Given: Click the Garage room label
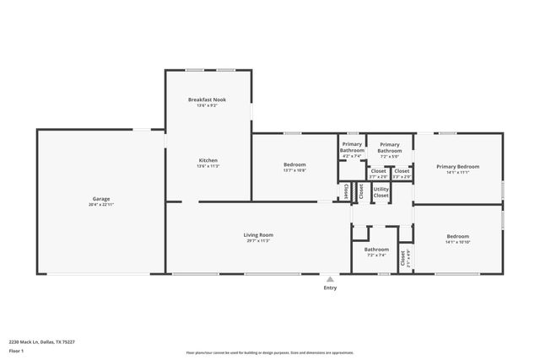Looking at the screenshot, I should click(x=100, y=199).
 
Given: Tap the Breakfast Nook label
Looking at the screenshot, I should click(x=207, y=99).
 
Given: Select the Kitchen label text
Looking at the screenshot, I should click(x=208, y=160).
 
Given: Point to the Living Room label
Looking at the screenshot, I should click(x=258, y=235).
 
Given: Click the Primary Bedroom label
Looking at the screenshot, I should click(x=457, y=166).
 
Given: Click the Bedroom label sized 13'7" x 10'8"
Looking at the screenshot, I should click(x=294, y=164).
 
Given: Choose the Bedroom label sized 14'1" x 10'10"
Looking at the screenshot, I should click(x=457, y=236).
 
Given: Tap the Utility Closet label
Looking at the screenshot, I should click(x=381, y=192).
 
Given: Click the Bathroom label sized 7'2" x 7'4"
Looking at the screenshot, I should click(x=376, y=250).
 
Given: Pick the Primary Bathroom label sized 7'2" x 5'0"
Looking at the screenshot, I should click(x=389, y=148).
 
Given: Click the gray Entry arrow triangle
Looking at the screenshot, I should click(x=330, y=279).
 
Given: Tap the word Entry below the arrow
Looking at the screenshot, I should click(x=330, y=288).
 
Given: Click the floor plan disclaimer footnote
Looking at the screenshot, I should click(x=270, y=352).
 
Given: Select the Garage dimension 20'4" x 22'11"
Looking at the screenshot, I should click(x=100, y=205).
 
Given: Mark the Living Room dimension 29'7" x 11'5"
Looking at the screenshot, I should click(x=258, y=241).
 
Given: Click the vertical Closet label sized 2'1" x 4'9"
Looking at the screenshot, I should click(x=403, y=256).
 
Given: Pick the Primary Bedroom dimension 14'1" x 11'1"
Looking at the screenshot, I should click(x=457, y=172).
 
